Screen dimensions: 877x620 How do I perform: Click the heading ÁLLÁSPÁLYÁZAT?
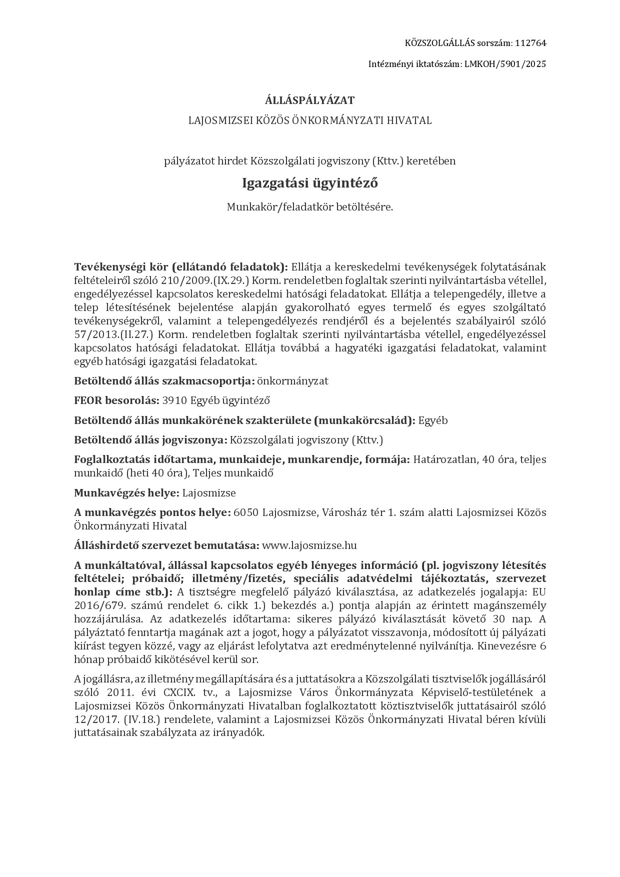(x=309, y=100)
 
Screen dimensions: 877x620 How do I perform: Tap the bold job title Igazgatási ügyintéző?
(x=309, y=183)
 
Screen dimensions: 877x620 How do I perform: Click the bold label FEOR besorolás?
(x=117, y=400)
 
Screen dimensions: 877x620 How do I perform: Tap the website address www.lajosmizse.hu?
(x=309, y=545)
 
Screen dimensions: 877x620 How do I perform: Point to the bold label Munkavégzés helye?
(x=126, y=493)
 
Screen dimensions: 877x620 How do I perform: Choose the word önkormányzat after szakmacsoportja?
(x=292, y=381)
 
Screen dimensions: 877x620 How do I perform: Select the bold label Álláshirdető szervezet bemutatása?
(x=166, y=545)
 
